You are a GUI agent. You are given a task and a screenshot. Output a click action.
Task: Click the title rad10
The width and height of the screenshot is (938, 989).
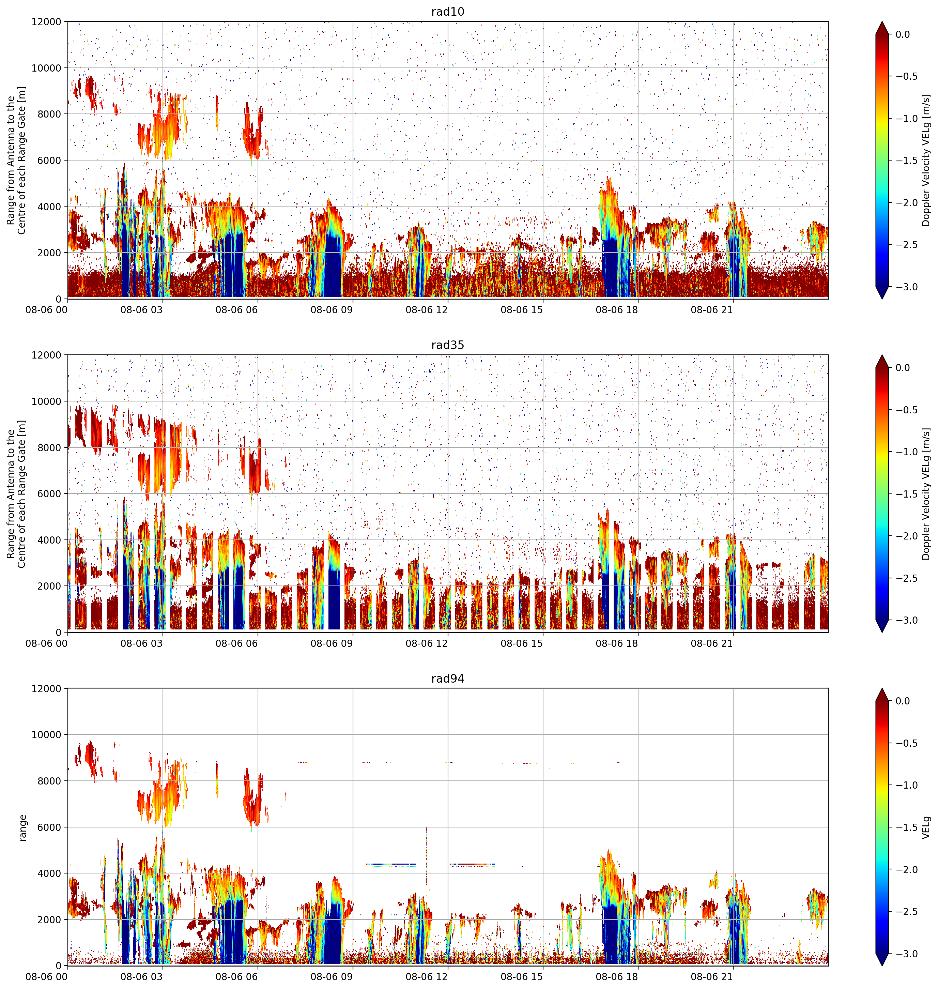(447, 12)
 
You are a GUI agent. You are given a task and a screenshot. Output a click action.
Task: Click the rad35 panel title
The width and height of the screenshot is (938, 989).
(447, 345)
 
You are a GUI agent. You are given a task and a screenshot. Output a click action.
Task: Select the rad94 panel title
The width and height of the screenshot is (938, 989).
(447, 679)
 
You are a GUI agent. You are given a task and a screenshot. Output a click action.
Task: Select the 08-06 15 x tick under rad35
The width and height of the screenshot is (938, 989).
(522, 643)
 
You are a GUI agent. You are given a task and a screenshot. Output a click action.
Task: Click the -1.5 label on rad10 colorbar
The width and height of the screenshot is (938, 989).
(906, 161)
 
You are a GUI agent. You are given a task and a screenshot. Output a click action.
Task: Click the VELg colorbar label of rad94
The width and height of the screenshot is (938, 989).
(926, 827)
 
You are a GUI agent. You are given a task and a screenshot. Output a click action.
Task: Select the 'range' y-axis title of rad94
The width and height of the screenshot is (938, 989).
(22, 827)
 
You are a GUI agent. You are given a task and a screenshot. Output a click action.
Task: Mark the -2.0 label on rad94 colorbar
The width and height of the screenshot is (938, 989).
(906, 869)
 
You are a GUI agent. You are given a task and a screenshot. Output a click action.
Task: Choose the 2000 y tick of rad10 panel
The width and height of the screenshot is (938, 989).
(49, 253)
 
